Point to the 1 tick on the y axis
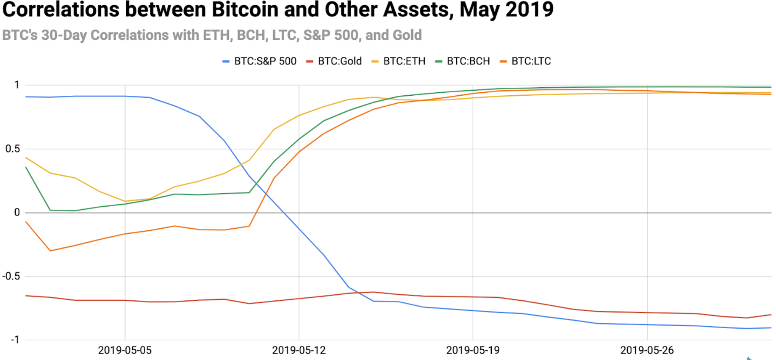(17, 85)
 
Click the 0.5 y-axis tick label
(12, 149)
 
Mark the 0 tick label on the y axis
(17, 213)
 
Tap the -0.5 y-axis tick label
(11, 277)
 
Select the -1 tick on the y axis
(15, 340)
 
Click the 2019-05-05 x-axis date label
(125, 350)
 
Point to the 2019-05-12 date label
(299, 350)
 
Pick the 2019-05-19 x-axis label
(473, 350)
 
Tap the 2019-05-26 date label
(647, 350)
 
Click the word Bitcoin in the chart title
(245, 9)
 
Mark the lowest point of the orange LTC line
(50, 251)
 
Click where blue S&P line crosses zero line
(284, 213)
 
